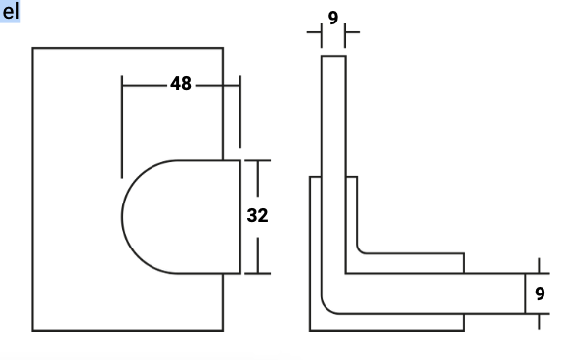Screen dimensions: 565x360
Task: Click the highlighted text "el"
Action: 10,12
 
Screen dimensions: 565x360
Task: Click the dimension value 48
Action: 181,84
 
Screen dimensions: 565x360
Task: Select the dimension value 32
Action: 258,216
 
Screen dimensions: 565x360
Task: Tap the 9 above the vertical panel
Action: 333,18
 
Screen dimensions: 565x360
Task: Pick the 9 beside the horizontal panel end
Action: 540,293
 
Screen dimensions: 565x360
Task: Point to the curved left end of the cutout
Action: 122,217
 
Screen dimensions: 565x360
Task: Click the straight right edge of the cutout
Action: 240,217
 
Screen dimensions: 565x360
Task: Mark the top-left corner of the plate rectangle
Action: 33,48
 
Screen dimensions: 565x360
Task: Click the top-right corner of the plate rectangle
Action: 223,48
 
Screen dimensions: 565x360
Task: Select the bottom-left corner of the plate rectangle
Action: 33,330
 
